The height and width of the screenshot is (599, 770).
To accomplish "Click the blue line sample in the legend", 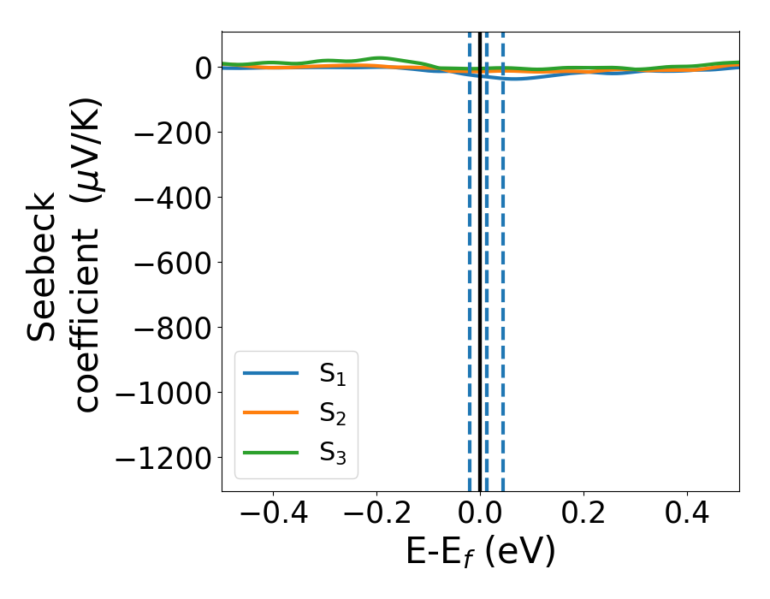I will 271,373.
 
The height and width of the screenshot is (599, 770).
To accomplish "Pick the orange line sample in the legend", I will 271,412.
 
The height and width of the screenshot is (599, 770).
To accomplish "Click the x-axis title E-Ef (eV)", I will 480,553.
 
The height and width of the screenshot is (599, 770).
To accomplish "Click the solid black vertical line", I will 480,257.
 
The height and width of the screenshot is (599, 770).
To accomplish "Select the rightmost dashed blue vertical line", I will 502,257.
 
